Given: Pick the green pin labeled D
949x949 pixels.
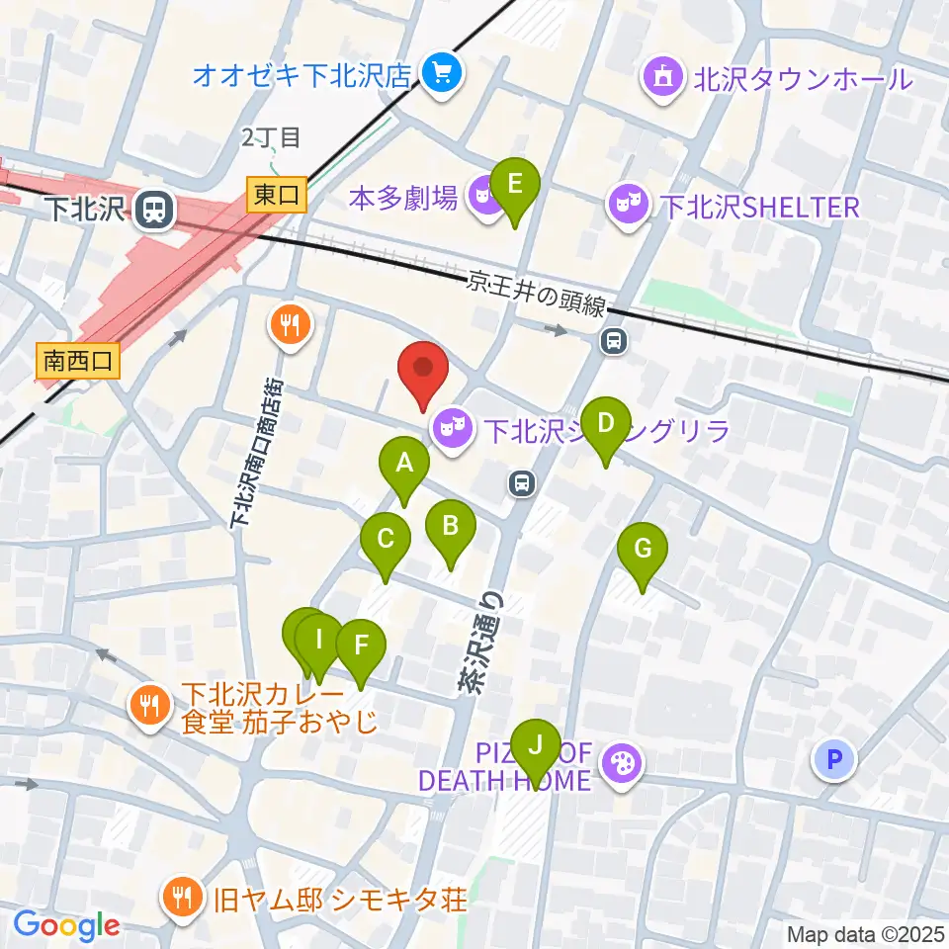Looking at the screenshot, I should [x=606, y=426].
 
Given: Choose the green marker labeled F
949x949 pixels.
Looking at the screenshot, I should [x=361, y=647].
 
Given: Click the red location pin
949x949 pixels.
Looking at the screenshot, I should [x=424, y=370].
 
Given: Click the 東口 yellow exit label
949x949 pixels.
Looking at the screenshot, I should [x=277, y=195].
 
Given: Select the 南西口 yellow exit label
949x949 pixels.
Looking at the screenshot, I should [x=78, y=361].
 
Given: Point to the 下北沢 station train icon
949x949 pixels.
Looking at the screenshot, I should [x=153, y=209].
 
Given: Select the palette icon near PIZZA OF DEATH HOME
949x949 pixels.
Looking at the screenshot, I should [x=622, y=763].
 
